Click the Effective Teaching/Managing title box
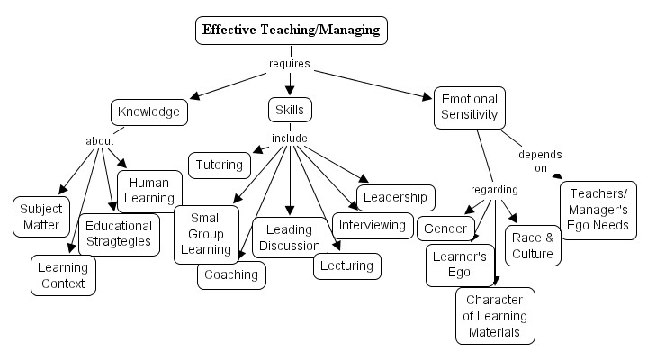291,30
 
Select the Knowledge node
149,112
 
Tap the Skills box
290,110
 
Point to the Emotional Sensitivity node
469,107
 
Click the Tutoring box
220,165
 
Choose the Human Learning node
149,191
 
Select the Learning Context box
63,275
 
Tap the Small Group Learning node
206,234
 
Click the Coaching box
231,274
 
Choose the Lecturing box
347,265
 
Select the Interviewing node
373,223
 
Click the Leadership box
396,197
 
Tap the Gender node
445,228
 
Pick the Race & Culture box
533,246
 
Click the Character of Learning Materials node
495,315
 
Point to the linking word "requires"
290,64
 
